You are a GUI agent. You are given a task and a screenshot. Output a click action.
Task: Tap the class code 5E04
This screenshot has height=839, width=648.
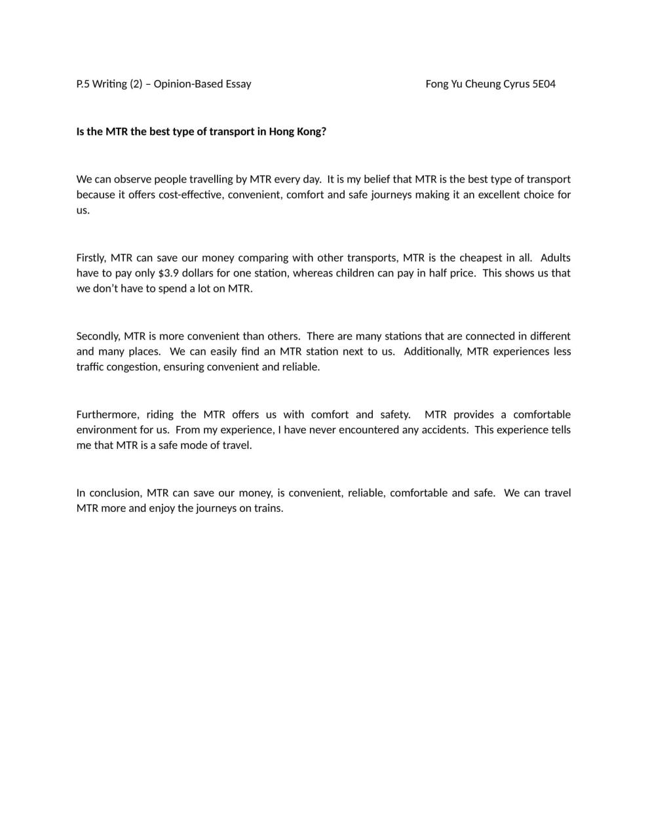pyautogui.click(x=544, y=84)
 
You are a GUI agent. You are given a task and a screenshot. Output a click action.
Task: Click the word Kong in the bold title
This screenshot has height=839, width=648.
pyautogui.click(x=309, y=132)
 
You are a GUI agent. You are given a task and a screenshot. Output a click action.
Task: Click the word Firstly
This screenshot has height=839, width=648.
pyautogui.click(x=90, y=258)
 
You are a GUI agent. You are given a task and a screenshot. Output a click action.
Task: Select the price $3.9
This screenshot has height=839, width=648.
pyautogui.click(x=168, y=273)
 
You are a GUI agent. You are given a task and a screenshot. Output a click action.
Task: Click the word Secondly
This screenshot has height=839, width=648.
pyautogui.click(x=98, y=336)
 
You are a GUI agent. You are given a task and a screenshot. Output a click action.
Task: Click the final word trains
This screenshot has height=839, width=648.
pyautogui.click(x=268, y=509)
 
